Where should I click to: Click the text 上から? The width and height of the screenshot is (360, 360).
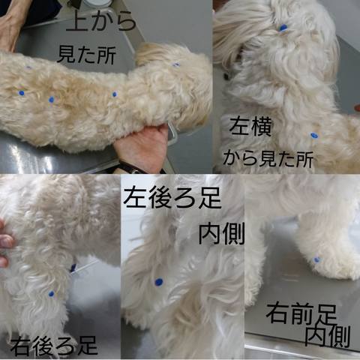point(101,22)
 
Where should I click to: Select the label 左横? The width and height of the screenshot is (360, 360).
point(250,126)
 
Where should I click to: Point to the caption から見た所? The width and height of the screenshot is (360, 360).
point(268,159)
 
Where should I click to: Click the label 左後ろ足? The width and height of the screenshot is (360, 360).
point(172,198)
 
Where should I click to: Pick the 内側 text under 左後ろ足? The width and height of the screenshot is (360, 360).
point(221,233)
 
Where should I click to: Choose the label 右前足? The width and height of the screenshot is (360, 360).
point(301,314)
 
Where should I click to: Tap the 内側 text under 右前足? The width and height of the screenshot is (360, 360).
point(328,335)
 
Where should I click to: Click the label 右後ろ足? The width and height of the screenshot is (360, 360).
point(54,346)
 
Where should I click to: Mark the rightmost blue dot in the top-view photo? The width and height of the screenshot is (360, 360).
point(176,64)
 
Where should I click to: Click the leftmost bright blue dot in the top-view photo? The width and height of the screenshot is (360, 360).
point(22,93)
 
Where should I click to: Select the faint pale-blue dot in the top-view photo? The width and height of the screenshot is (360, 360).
point(28,67)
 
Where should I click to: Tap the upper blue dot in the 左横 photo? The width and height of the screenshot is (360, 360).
point(283,28)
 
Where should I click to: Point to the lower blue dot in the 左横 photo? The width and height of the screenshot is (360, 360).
point(314,136)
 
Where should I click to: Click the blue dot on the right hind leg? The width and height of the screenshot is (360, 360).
point(52,294)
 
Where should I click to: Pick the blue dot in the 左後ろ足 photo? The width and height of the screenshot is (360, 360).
point(159,282)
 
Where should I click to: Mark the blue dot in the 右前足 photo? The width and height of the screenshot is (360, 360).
point(317,259)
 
